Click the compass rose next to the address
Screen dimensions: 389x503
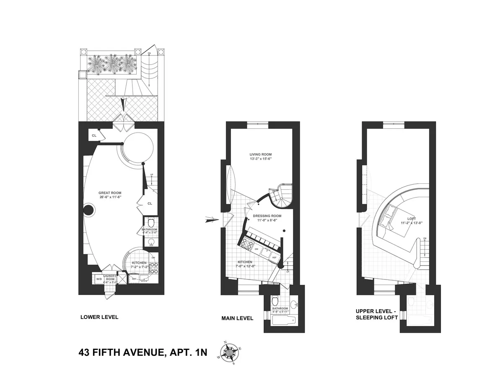tap(229, 353)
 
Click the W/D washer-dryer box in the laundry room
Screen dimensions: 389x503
tap(99, 279)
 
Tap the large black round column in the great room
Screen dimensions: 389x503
tap(89, 210)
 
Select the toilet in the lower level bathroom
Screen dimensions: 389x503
tap(151, 222)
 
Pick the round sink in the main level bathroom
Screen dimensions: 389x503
tap(293, 303)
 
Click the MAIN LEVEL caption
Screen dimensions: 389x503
tap(237, 318)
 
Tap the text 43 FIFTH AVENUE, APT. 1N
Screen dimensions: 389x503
tap(143, 352)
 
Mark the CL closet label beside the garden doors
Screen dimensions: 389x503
tap(94, 136)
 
